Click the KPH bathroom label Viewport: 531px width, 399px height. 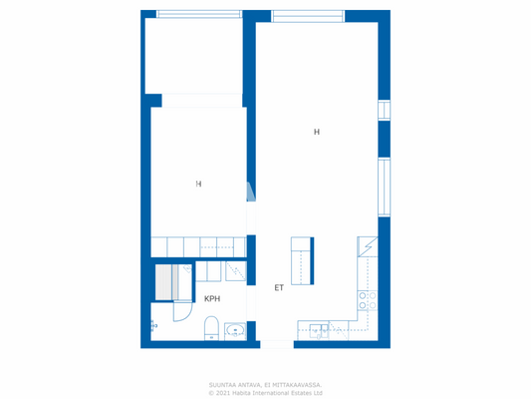point(212,298)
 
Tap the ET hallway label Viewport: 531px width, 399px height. point(279,288)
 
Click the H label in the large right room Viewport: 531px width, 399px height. point(317,132)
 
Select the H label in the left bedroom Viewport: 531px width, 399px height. point(198,184)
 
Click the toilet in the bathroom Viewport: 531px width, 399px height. point(210,327)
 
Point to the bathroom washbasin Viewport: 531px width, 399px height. point(236,329)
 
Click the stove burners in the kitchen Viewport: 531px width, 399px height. point(368,301)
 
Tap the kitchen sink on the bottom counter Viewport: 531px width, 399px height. point(317,329)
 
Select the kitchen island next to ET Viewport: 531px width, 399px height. point(302,259)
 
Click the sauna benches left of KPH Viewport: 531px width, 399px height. point(163,283)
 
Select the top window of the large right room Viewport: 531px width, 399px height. point(308,16)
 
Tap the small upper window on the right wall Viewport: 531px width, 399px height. point(384,110)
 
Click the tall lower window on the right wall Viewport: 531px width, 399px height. point(384,186)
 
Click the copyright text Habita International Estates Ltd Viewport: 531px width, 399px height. point(265,393)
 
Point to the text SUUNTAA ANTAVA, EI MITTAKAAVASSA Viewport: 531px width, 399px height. point(265,384)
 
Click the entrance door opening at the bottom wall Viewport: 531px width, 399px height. point(277,344)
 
